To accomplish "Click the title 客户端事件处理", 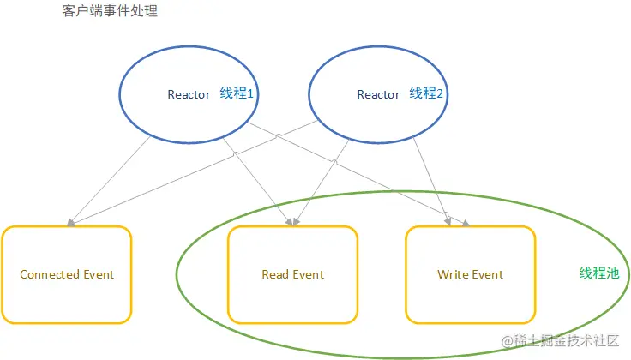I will pos(110,12).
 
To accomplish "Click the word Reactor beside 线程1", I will pos(189,94).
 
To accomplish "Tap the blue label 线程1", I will pos(237,93).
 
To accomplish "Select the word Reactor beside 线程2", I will pos(378,94).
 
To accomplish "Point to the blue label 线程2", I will pos(426,93).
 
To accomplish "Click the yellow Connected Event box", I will pos(67,274).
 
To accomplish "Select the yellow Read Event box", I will pos(292,274).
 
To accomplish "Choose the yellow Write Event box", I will pos(470,274).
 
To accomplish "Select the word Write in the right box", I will pos(453,274).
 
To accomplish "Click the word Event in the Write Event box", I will pos(487,274).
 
